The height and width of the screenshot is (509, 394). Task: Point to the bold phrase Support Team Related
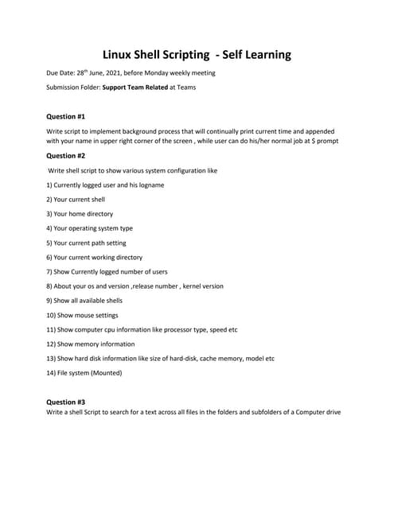tap(135, 87)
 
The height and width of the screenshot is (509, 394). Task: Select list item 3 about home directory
tap(80, 214)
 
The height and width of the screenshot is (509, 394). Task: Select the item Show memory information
tap(91, 344)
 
